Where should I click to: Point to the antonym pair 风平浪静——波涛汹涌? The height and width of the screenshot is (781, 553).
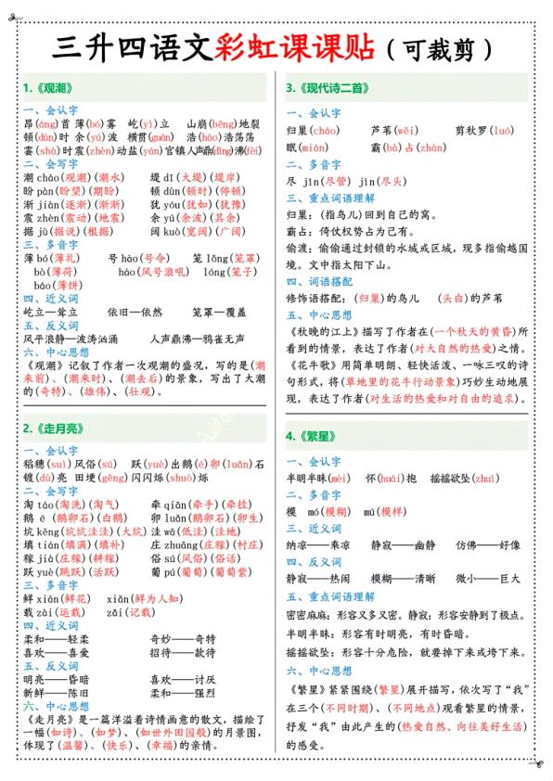(x=71, y=339)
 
